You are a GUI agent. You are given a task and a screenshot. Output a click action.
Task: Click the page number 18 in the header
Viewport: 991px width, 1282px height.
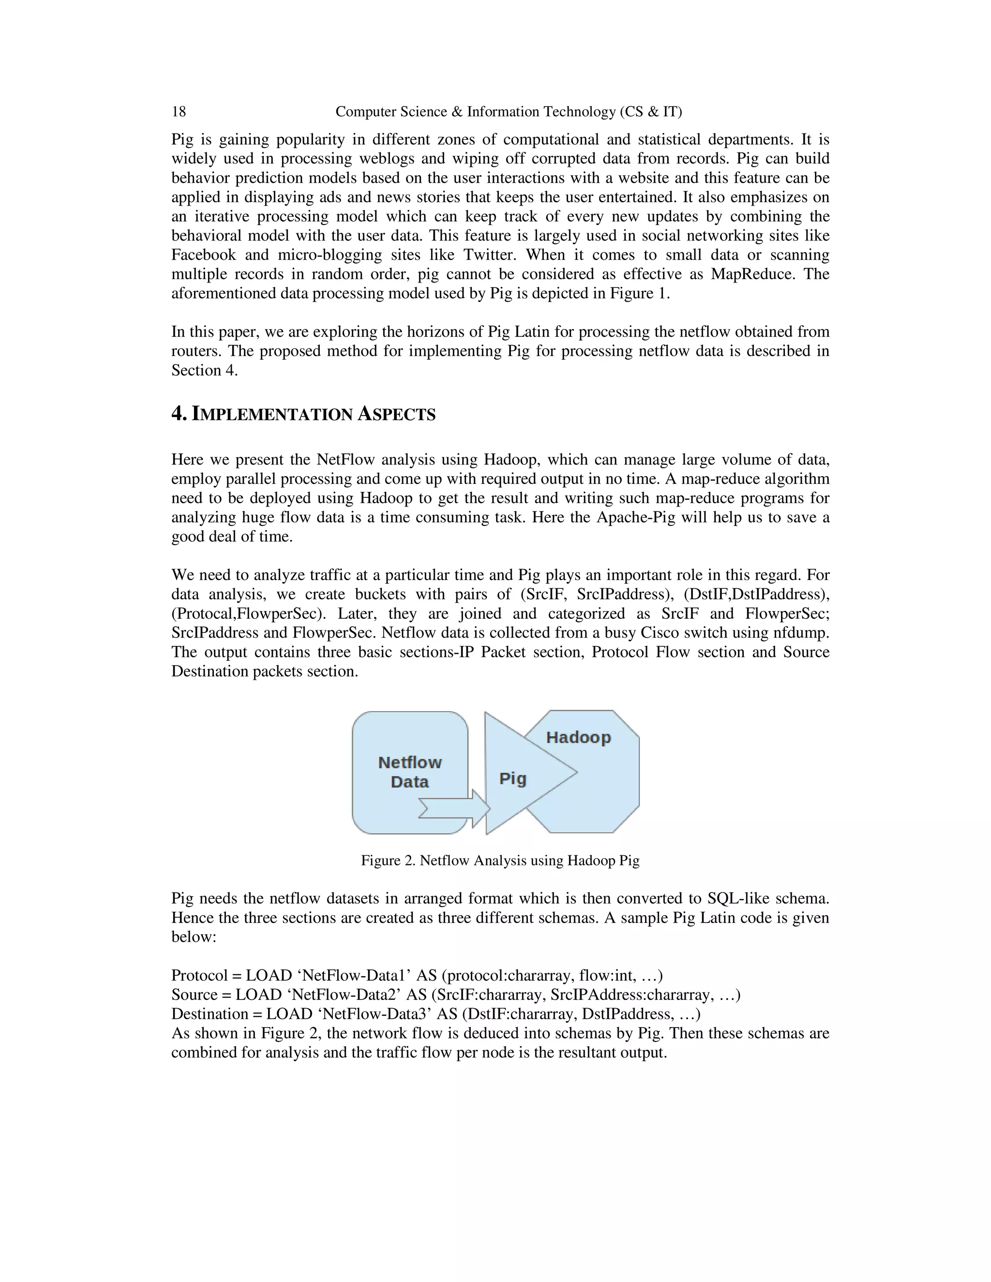[179, 112]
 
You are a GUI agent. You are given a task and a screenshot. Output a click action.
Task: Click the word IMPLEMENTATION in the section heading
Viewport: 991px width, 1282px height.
[273, 415]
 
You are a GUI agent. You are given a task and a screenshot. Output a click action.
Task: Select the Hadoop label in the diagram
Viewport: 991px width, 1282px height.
[578, 737]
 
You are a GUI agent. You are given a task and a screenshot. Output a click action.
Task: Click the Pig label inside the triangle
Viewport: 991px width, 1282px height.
[512, 778]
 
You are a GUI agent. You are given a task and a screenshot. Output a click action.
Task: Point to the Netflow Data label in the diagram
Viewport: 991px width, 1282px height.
[410, 772]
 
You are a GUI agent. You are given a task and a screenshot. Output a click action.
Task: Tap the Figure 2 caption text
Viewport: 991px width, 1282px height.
[499, 861]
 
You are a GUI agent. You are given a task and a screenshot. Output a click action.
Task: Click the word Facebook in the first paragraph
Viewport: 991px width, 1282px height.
[203, 255]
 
